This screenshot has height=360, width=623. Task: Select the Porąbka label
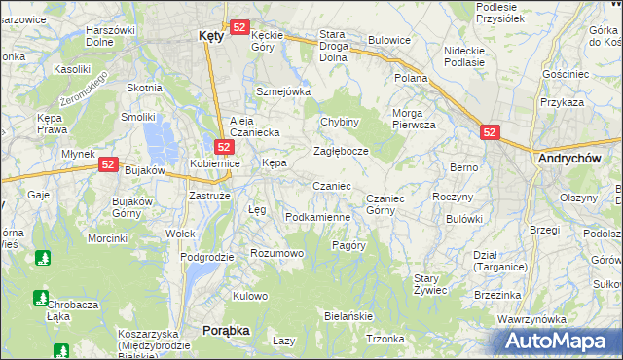tap(226, 331)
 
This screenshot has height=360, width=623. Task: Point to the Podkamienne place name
tap(317, 217)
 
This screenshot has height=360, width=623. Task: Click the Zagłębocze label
tap(341, 151)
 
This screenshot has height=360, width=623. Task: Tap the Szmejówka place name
tap(282, 91)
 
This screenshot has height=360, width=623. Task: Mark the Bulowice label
tap(388, 41)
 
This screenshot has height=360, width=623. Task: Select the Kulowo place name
tap(250, 296)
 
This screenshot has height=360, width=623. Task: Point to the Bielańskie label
tap(348, 317)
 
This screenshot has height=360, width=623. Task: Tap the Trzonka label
tap(385, 339)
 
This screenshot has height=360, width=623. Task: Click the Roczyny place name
tap(451, 197)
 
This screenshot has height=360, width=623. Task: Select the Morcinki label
tap(107, 238)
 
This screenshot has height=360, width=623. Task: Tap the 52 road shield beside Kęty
tap(240, 27)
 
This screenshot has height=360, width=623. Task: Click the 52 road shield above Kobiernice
tap(223, 147)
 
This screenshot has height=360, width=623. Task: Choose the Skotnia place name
tap(144, 88)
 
